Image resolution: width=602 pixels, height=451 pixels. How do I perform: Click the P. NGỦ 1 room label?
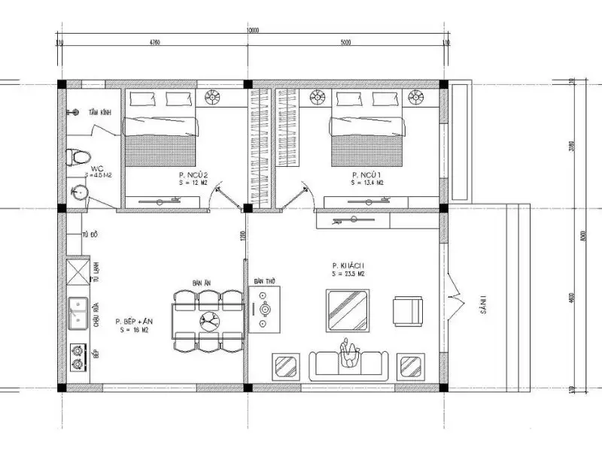pos(367,175)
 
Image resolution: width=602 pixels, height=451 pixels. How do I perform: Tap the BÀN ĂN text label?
pos(201,282)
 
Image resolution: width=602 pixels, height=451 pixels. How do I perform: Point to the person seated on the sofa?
pos(348,353)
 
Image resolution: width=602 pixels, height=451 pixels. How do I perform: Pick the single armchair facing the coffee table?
pos(406,310)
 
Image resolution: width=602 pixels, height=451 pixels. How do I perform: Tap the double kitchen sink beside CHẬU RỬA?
pos(77,313)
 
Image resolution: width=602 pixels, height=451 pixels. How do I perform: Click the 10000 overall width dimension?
pos(252,31)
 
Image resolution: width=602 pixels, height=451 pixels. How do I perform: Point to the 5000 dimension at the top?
pos(346,43)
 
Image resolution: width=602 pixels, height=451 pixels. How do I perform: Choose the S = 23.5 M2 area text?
pos(348,274)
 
